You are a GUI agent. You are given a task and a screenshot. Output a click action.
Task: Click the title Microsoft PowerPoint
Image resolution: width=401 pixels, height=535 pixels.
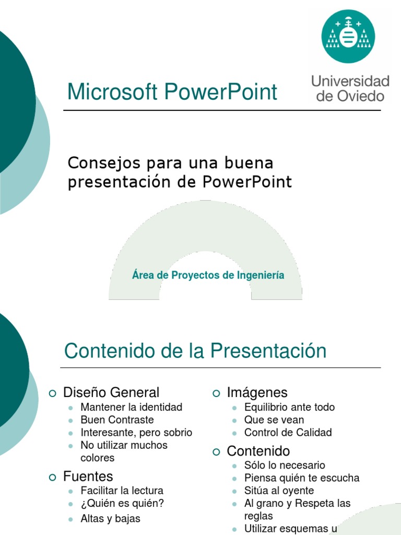(172, 92)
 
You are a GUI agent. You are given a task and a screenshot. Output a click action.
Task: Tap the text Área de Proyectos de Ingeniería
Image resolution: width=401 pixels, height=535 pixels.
(208, 275)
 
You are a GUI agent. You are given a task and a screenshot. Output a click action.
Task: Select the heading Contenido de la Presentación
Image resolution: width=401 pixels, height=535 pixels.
(195, 351)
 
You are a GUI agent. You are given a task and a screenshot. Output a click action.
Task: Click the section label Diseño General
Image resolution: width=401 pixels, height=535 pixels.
(111, 392)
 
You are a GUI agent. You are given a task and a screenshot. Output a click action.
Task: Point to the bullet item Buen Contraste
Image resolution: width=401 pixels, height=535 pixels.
(117, 420)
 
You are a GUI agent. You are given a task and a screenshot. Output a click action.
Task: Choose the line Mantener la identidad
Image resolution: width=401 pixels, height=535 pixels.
(131, 407)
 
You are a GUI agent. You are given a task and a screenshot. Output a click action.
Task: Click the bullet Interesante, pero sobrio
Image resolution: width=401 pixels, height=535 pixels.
(136, 433)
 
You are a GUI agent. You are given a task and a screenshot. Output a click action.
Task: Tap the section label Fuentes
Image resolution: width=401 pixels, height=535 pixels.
(88, 476)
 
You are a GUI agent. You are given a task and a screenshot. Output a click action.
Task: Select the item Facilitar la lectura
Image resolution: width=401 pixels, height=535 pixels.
(122, 491)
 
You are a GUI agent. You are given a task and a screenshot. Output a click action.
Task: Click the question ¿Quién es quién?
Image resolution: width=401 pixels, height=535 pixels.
(122, 504)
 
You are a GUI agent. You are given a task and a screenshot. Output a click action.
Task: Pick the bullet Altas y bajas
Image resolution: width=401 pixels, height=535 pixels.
(110, 519)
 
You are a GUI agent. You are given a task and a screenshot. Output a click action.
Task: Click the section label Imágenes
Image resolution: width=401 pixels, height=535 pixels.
(257, 392)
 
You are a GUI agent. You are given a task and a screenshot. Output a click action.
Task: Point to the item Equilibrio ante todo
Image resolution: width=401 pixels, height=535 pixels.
(289, 407)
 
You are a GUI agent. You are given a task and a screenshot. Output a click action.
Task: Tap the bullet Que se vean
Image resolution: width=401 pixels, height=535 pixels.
(274, 420)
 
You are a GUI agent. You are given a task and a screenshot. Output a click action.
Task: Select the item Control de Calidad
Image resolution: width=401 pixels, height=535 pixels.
(288, 433)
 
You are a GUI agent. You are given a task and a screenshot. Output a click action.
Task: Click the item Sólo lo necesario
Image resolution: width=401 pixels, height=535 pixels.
(285, 465)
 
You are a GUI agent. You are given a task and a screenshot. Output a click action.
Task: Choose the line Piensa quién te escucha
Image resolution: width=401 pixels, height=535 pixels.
(301, 478)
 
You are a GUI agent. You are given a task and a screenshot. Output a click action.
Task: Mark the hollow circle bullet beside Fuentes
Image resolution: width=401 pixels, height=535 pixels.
(52, 476)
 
